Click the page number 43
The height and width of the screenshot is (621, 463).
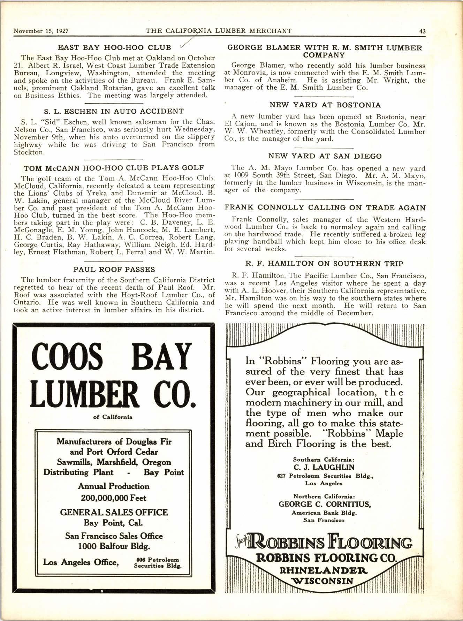(422, 31)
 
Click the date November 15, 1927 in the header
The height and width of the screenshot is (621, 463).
(40, 31)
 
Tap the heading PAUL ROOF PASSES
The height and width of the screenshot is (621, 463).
(114, 270)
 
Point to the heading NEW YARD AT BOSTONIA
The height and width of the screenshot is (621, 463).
(325, 105)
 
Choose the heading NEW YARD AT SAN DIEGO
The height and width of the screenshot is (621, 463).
(325, 156)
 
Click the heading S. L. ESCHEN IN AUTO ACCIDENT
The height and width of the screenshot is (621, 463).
(114, 112)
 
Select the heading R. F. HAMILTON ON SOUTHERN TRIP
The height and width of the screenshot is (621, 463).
(325, 264)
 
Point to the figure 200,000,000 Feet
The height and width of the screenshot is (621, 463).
(114, 498)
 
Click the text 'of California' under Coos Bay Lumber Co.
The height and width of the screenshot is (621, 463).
(113, 417)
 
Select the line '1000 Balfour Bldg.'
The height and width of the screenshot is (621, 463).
(114, 546)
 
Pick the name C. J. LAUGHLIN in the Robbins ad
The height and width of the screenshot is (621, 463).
(324, 467)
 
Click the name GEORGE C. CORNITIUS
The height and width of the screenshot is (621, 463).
(325, 504)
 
